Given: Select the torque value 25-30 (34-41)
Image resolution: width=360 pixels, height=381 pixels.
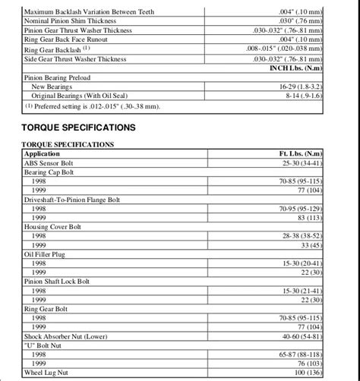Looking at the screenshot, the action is click(301, 163).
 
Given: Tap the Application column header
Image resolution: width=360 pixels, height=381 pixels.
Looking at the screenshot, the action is click(43, 154).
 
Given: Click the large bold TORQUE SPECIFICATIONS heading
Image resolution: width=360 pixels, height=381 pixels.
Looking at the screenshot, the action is click(79, 127).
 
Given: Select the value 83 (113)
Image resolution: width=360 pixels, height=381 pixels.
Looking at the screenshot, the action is click(307, 218).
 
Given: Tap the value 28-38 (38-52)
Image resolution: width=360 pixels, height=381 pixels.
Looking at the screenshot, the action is click(301, 236).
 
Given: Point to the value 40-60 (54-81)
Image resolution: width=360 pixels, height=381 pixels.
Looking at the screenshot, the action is click(301, 336).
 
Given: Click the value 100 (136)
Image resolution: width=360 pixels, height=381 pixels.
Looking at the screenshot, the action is click(305, 373).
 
